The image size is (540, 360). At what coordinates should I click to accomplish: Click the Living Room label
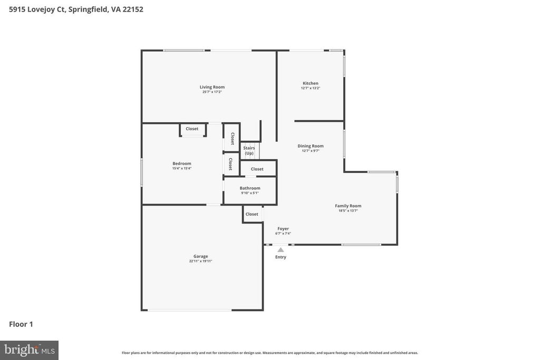click(212, 87)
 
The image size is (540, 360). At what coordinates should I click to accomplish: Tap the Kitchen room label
click(310, 83)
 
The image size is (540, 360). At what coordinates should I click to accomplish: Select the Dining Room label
click(310, 146)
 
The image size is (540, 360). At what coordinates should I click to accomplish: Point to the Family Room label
click(348, 206)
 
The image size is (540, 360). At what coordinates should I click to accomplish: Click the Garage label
click(200, 256)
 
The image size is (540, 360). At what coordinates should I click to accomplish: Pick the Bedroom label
click(181, 163)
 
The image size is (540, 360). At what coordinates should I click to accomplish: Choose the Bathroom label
click(250, 188)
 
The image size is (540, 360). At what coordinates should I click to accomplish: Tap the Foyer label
click(283, 229)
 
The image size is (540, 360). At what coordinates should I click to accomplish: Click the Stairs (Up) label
click(249, 151)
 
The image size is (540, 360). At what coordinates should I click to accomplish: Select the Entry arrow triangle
click(281, 250)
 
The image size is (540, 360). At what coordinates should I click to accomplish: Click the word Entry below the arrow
click(281, 257)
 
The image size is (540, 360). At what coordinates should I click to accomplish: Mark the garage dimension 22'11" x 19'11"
click(200, 261)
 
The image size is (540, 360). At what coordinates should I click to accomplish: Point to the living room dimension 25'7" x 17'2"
click(212, 92)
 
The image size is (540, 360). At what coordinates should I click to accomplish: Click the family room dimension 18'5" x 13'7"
click(348, 211)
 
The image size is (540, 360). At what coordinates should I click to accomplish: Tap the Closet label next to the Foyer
click(252, 214)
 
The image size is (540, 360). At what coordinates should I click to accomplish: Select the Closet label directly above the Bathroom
click(257, 169)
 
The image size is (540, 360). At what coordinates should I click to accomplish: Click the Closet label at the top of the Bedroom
click(192, 129)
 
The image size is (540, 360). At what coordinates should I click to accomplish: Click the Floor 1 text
click(21, 324)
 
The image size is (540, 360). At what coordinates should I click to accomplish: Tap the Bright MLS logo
click(29, 350)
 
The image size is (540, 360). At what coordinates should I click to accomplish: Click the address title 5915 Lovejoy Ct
click(76, 9)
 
